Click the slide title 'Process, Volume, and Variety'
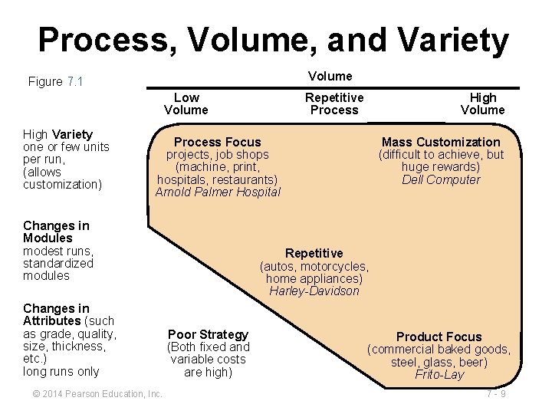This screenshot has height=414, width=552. click(x=273, y=40)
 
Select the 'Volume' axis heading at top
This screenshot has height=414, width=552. click(x=330, y=76)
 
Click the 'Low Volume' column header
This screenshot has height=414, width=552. click(x=186, y=103)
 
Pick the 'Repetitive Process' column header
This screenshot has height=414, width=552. click(x=334, y=103)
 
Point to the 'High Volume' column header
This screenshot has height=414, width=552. click(x=483, y=103)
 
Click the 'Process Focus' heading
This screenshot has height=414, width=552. click(x=218, y=142)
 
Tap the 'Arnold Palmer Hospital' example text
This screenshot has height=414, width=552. click(x=218, y=192)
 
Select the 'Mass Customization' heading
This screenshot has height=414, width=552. click(x=441, y=142)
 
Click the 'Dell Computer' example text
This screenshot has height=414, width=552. click(x=441, y=180)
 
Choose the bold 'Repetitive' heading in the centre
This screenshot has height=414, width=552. click(x=314, y=253)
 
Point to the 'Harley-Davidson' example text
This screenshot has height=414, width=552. click(x=314, y=291)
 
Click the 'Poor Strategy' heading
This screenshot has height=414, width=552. click(x=209, y=334)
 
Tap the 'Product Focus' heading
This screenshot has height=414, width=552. click(x=439, y=337)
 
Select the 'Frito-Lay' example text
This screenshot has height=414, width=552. click(x=439, y=375)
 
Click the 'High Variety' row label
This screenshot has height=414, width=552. click(x=58, y=134)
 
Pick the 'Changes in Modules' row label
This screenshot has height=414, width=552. click(x=56, y=232)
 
